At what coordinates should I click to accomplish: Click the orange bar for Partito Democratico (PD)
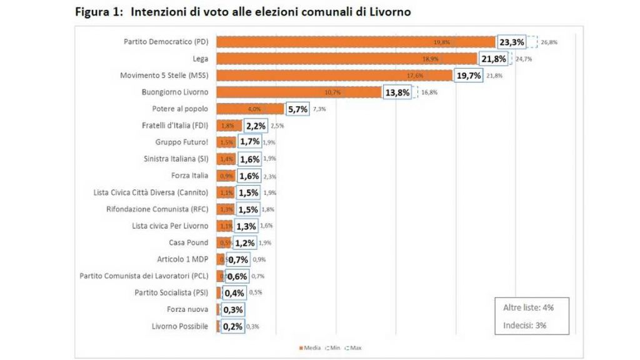click(356, 42)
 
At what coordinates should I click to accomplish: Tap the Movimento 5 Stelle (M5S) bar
click(334, 75)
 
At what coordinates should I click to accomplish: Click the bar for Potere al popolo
click(250, 109)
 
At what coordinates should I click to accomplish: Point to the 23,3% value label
click(511, 42)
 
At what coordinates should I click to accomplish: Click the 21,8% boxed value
click(493, 59)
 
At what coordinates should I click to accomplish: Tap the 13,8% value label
click(397, 92)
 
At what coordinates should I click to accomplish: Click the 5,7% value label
click(298, 109)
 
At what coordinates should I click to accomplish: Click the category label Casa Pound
click(188, 242)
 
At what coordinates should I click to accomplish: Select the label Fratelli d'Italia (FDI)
click(175, 126)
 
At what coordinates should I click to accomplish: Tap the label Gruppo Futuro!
click(182, 142)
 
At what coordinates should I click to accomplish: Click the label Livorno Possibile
click(180, 326)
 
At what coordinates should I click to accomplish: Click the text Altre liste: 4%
click(528, 307)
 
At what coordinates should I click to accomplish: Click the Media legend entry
click(311, 347)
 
